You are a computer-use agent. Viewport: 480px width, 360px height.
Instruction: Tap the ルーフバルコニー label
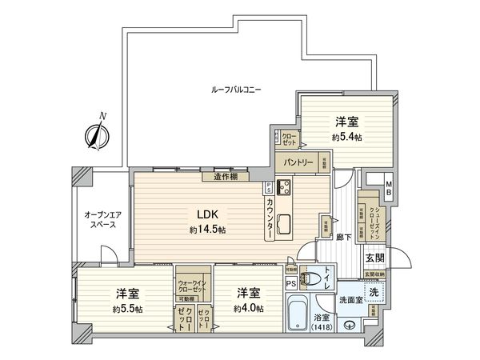click(235, 90)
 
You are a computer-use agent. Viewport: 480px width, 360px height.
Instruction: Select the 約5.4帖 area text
click(346, 138)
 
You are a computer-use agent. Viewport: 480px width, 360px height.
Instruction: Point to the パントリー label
click(294, 162)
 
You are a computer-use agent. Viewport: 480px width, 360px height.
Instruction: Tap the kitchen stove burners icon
click(283, 189)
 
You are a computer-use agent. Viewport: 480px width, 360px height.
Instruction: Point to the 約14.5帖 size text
click(207, 230)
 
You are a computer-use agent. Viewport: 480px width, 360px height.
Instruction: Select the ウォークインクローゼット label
click(190, 283)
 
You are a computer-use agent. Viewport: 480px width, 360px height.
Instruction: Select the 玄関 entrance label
click(375, 258)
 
